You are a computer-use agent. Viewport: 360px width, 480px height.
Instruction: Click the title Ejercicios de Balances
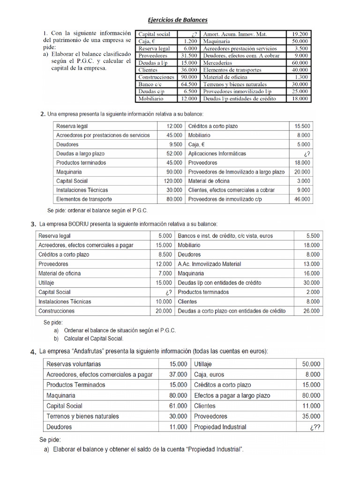[x=178, y=20]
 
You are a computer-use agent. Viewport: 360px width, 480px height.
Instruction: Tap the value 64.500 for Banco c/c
[x=188, y=84]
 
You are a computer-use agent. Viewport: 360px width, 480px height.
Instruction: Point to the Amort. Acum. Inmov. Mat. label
[x=235, y=34]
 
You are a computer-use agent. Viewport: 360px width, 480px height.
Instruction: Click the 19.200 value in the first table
[x=300, y=34]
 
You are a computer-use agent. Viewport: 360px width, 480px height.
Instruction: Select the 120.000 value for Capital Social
[x=172, y=181]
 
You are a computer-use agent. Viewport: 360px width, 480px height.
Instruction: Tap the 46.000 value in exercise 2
[x=302, y=199]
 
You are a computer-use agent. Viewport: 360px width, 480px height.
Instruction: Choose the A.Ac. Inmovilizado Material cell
[x=210, y=264]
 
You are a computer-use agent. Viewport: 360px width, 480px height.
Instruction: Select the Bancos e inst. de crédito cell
[x=225, y=236]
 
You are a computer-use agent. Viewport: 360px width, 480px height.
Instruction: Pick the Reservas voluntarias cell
[x=74, y=364]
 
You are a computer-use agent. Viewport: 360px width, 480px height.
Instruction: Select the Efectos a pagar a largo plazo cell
[x=232, y=396]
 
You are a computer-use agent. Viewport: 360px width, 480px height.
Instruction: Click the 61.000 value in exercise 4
[x=178, y=406]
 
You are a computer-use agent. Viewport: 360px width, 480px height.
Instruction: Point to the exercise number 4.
[x=33, y=352]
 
